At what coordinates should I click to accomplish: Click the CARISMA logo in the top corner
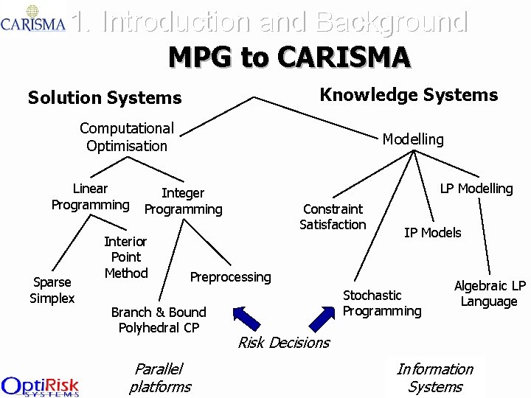click(33, 18)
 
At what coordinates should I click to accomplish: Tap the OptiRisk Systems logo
click(40, 385)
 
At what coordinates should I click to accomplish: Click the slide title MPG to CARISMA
click(289, 57)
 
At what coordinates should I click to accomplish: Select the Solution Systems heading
click(104, 97)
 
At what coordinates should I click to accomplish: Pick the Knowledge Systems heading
click(409, 94)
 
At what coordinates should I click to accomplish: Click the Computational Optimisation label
click(127, 137)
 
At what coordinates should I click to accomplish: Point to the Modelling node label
click(413, 139)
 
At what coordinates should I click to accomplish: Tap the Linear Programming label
click(90, 197)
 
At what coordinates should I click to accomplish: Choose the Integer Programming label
click(183, 201)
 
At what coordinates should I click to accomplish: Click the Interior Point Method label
click(125, 257)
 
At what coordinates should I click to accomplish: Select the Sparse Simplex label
click(52, 290)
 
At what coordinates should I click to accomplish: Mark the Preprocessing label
click(230, 277)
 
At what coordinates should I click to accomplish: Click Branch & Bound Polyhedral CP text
click(159, 319)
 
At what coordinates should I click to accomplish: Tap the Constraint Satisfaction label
click(333, 217)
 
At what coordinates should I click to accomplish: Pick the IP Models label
click(432, 233)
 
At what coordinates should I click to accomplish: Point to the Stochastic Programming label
click(382, 303)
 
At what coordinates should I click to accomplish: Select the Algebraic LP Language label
click(490, 293)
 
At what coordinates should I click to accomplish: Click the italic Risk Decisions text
click(283, 343)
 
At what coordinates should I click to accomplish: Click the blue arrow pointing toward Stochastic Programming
click(322, 318)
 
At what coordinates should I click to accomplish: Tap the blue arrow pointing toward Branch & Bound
click(247, 317)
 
